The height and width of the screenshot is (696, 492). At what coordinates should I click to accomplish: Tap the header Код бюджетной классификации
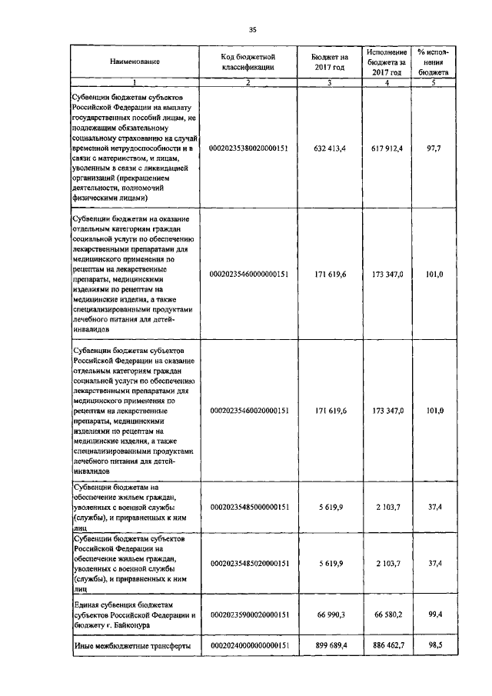click(248, 61)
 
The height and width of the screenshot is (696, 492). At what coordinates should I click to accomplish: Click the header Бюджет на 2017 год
click(329, 61)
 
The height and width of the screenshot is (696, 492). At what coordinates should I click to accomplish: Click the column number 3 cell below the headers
click(329, 82)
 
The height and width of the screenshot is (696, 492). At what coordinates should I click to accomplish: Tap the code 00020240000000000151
click(248, 646)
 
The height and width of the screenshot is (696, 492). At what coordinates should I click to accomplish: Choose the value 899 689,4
click(330, 646)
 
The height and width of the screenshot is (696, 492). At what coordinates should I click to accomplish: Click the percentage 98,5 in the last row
click(432, 646)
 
